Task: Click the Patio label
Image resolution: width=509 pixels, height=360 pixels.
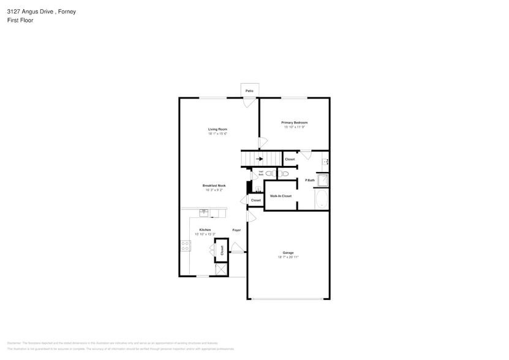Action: (249, 91)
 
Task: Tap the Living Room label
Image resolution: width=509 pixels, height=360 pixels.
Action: (217, 129)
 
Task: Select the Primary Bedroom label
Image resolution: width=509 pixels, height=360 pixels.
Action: (294, 122)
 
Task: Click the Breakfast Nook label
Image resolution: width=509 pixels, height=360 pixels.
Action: (214, 186)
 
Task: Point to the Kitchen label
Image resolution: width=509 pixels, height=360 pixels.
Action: (205, 230)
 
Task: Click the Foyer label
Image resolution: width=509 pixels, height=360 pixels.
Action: (236, 230)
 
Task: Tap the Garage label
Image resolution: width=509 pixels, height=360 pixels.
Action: (288, 253)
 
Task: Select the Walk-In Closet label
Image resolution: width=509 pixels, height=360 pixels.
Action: (281, 196)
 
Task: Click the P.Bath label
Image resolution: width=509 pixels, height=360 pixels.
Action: (310, 180)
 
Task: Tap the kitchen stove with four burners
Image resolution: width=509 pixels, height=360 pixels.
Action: (185, 246)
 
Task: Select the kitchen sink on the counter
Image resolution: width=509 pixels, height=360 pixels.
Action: (204, 212)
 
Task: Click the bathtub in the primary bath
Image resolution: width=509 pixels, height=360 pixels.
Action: (322, 200)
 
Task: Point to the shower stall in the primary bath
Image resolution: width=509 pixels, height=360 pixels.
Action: (323, 180)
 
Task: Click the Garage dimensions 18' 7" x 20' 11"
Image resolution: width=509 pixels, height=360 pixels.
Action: (288, 257)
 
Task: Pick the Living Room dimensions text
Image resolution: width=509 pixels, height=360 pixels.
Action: (217, 133)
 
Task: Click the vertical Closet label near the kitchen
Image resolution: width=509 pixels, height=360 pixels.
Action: (222, 250)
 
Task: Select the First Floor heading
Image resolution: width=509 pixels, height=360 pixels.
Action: (20, 20)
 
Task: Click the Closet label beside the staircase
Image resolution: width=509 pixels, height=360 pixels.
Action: (290, 159)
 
